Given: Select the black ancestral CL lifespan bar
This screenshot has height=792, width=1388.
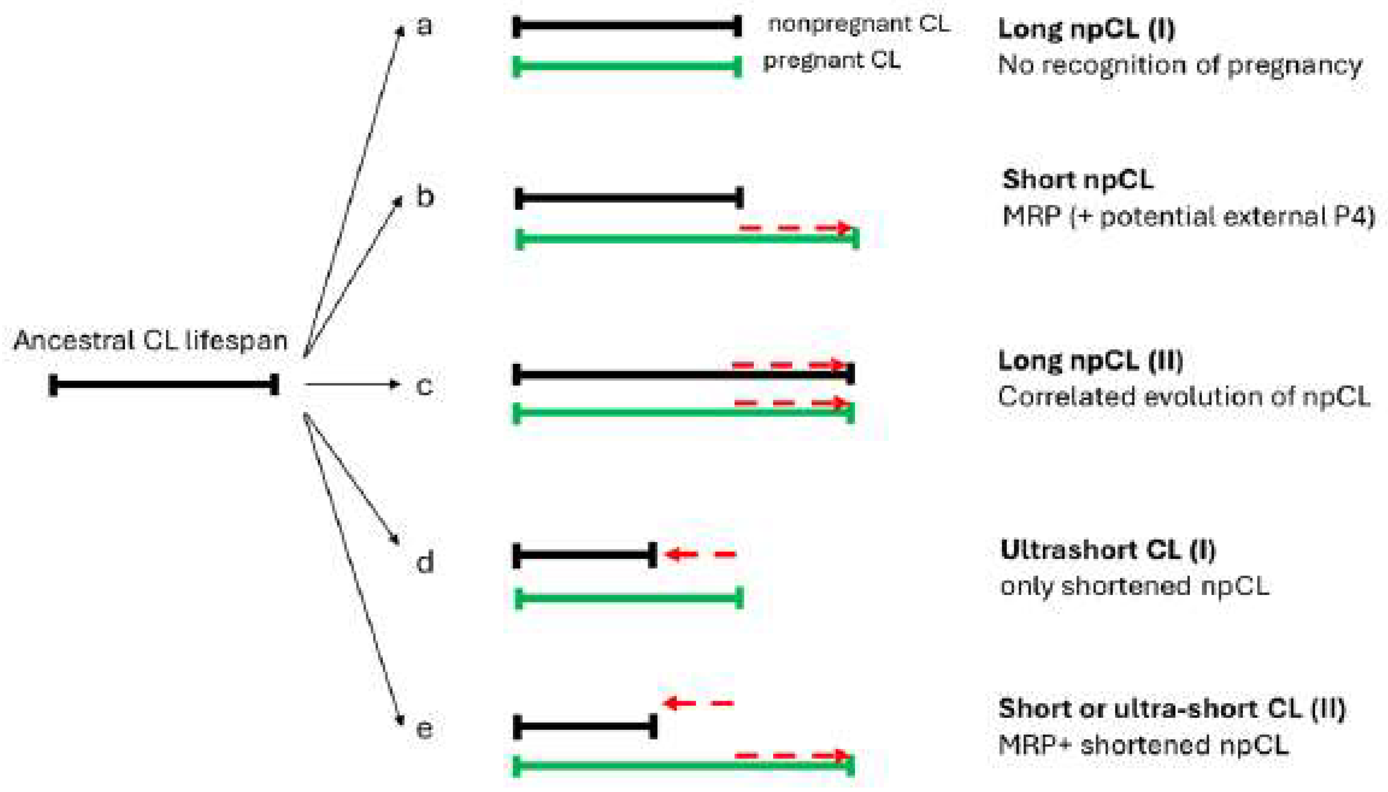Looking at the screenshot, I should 163,385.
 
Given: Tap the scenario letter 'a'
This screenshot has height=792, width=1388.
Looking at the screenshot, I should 424,25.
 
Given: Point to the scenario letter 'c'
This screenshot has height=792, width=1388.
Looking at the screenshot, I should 424,386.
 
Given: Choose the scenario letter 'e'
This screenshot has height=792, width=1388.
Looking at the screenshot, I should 424,728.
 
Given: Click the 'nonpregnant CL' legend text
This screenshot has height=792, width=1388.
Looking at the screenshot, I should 859,24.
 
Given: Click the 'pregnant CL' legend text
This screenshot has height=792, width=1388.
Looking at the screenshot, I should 831,60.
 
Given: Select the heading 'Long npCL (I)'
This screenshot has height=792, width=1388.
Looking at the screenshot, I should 1086,29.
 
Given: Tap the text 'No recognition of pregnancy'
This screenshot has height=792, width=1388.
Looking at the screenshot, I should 1180,65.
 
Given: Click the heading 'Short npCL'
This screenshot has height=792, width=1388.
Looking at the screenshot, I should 1077,179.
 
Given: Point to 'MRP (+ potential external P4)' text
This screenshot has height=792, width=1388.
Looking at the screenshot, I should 1188,216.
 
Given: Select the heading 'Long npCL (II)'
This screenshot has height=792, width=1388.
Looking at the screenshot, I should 1090,361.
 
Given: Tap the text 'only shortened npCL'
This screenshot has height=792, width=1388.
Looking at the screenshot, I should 1134,586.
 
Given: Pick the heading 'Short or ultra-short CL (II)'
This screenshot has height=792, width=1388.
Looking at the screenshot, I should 1172,709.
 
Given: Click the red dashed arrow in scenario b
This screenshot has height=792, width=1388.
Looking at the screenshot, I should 794,227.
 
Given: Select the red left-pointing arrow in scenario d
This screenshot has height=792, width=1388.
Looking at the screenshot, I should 700,554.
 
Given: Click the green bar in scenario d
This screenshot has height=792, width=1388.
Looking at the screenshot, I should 628,598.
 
